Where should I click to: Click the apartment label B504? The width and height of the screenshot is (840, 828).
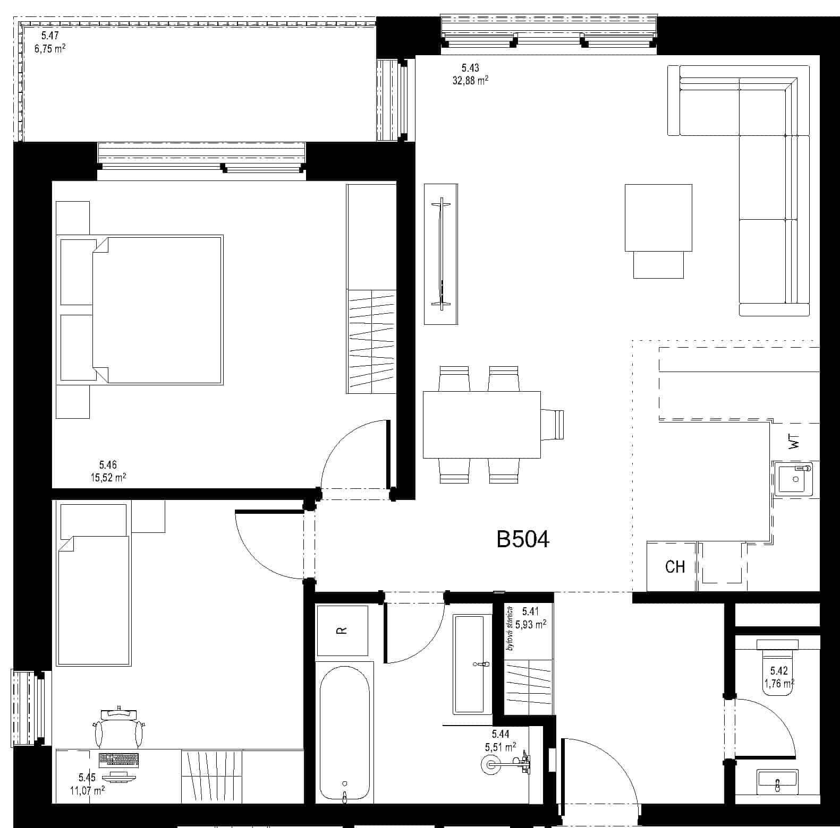(523, 539)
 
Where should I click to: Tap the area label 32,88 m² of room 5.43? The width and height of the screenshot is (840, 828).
(467, 81)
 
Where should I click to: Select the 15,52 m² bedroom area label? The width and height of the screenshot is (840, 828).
(108, 477)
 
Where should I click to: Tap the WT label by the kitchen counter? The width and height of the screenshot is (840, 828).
(794, 442)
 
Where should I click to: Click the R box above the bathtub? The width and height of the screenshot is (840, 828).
(342, 631)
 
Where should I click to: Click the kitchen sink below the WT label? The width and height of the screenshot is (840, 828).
(796, 478)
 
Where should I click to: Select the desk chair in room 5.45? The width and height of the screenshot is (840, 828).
(119, 727)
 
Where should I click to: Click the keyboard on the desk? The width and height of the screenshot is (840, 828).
(119, 759)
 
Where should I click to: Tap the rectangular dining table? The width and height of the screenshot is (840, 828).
(481, 425)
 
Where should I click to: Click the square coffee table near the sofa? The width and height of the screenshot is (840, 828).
(658, 218)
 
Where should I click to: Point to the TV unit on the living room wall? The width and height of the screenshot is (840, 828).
(440, 254)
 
